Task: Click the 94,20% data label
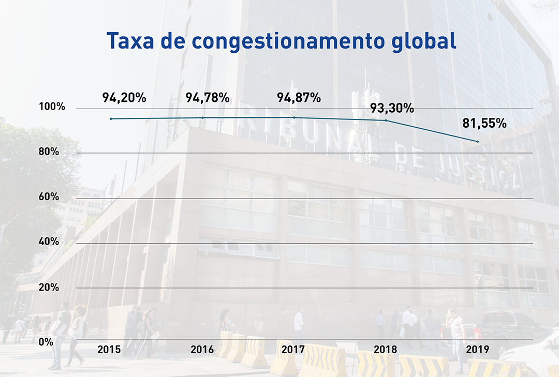(124, 97)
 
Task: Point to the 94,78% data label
(208, 97)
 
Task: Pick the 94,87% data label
(299, 97)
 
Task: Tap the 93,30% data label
(392, 109)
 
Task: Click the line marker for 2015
(111, 119)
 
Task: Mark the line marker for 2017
(295, 117)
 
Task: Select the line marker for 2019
(477, 142)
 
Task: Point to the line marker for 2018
(386, 120)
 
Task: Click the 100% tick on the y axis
(52, 107)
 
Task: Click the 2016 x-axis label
(202, 350)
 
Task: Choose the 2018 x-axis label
(385, 350)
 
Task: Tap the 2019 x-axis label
(477, 350)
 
